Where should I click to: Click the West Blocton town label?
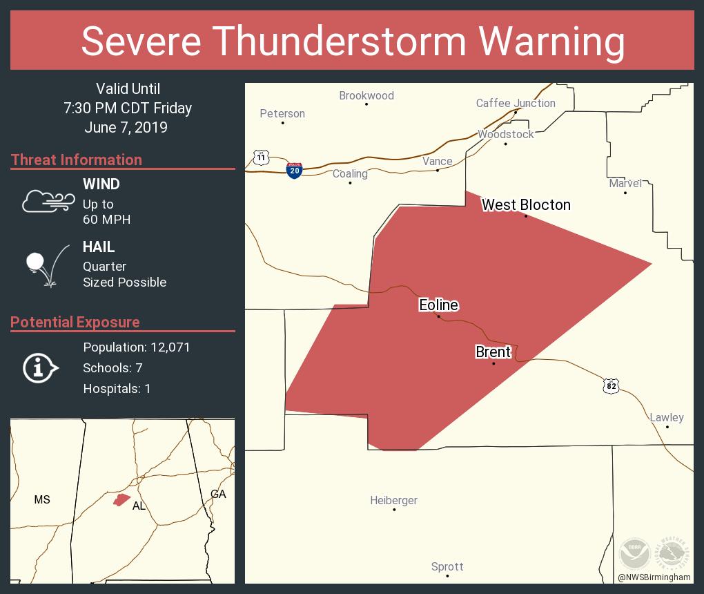coord(526,204)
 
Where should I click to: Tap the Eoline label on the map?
coord(438,305)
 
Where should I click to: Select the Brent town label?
coord(493,352)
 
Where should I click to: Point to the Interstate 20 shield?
coord(294,171)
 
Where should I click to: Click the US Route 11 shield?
coord(260,157)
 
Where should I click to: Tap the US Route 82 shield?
coord(610,386)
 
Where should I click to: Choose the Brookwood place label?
coord(366,96)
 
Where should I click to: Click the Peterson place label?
coord(282,114)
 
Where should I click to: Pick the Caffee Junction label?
coord(516,104)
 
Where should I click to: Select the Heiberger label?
coord(393,501)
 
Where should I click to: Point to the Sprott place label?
coord(447,567)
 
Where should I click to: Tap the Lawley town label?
coord(667,417)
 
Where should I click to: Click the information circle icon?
coord(41,368)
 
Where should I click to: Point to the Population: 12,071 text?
coord(137,347)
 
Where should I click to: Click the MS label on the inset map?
coord(42,499)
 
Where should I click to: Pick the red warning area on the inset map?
coord(122,499)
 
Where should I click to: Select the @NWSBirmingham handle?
coord(654,577)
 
